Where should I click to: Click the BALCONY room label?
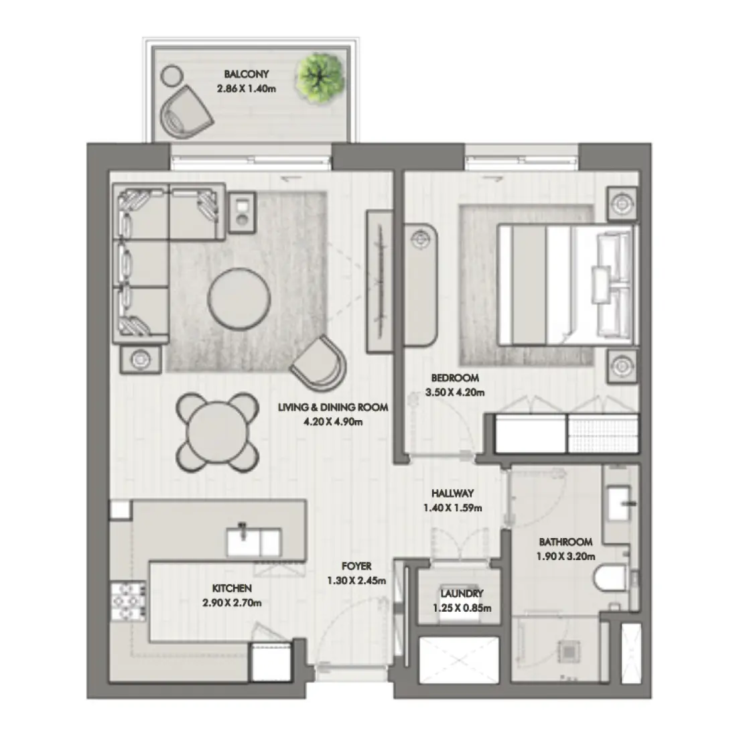[x=247, y=74]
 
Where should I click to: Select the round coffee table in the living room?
[x=240, y=299]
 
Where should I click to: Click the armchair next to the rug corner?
[x=320, y=364]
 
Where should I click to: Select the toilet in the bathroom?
[x=612, y=578]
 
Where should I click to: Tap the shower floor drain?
[x=567, y=650]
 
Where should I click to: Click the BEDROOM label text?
[x=455, y=377]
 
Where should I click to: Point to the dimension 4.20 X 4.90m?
[x=333, y=422]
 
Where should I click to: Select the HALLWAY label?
[x=453, y=493]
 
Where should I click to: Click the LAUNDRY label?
[x=462, y=594]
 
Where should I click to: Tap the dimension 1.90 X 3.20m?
[x=566, y=556]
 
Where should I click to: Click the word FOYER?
[x=356, y=566]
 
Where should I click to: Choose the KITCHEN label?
[x=232, y=588]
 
